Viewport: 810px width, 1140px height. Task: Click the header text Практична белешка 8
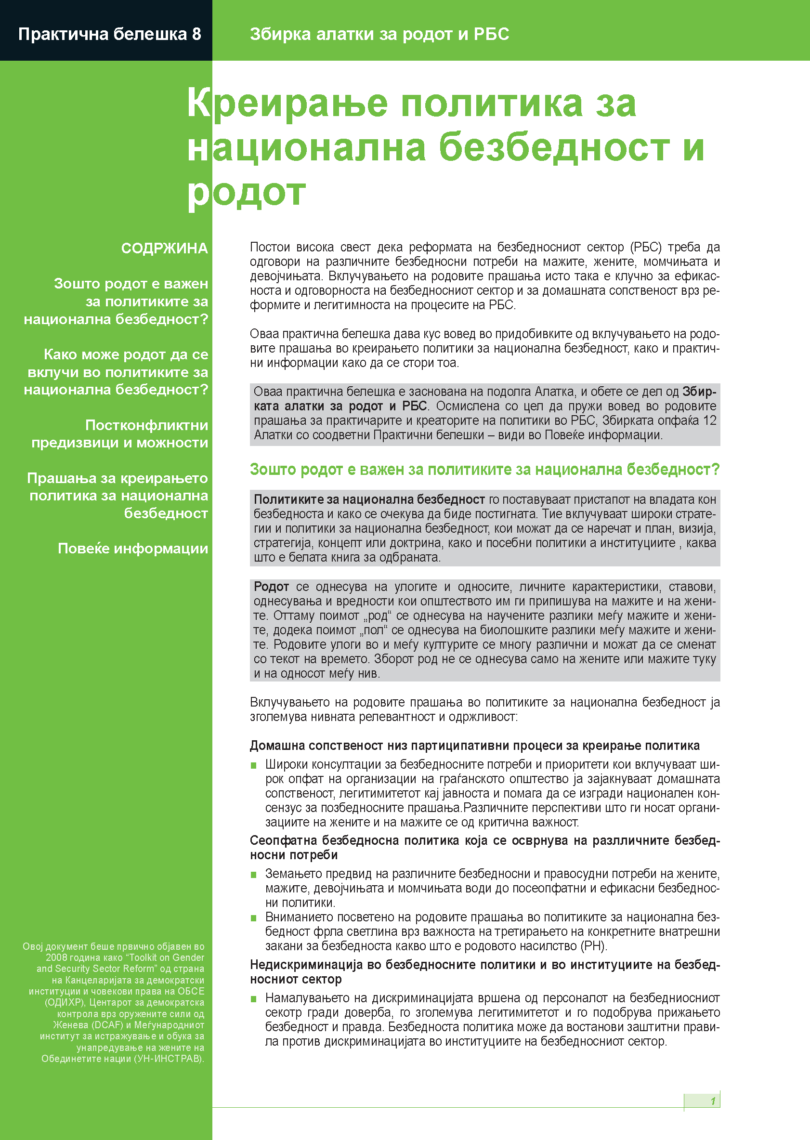coord(110,34)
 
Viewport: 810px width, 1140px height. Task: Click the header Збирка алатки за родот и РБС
coord(379,34)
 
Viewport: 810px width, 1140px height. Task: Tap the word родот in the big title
coord(247,193)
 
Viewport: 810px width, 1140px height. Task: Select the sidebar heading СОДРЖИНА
coord(164,249)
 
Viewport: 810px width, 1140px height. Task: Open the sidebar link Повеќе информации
coord(133,549)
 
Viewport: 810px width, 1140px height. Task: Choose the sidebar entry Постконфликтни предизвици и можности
coord(120,434)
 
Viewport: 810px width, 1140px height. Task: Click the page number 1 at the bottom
coord(713,1101)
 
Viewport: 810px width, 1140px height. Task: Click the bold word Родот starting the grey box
coord(271,587)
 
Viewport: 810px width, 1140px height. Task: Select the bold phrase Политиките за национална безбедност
coord(369,499)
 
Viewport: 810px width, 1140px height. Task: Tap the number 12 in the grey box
coord(709,420)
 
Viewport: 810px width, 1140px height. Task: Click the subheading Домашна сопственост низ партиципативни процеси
coord(474,746)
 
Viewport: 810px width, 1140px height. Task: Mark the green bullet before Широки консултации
coord(253,765)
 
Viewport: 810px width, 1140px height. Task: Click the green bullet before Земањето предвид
coord(253,875)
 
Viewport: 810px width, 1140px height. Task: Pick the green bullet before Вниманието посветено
coord(253,918)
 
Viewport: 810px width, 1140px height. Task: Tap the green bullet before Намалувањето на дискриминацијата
coord(253,999)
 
